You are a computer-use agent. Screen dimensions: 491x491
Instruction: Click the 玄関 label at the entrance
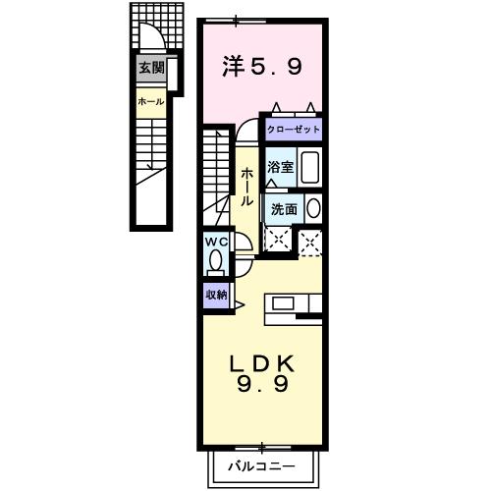(x=150, y=68)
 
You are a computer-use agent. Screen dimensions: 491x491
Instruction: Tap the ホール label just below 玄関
(x=150, y=101)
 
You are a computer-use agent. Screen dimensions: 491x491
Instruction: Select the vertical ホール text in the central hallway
(x=245, y=186)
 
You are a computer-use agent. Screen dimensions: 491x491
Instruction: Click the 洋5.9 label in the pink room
(x=262, y=69)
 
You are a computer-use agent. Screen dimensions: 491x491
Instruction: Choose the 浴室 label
(x=281, y=167)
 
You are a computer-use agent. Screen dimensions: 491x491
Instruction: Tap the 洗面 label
(x=284, y=208)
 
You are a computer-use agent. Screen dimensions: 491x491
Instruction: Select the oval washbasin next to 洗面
(x=312, y=208)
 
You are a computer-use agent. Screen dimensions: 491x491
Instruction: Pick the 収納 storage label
(x=217, y=294)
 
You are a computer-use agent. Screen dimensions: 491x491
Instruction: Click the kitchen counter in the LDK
(x=293, y=302)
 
